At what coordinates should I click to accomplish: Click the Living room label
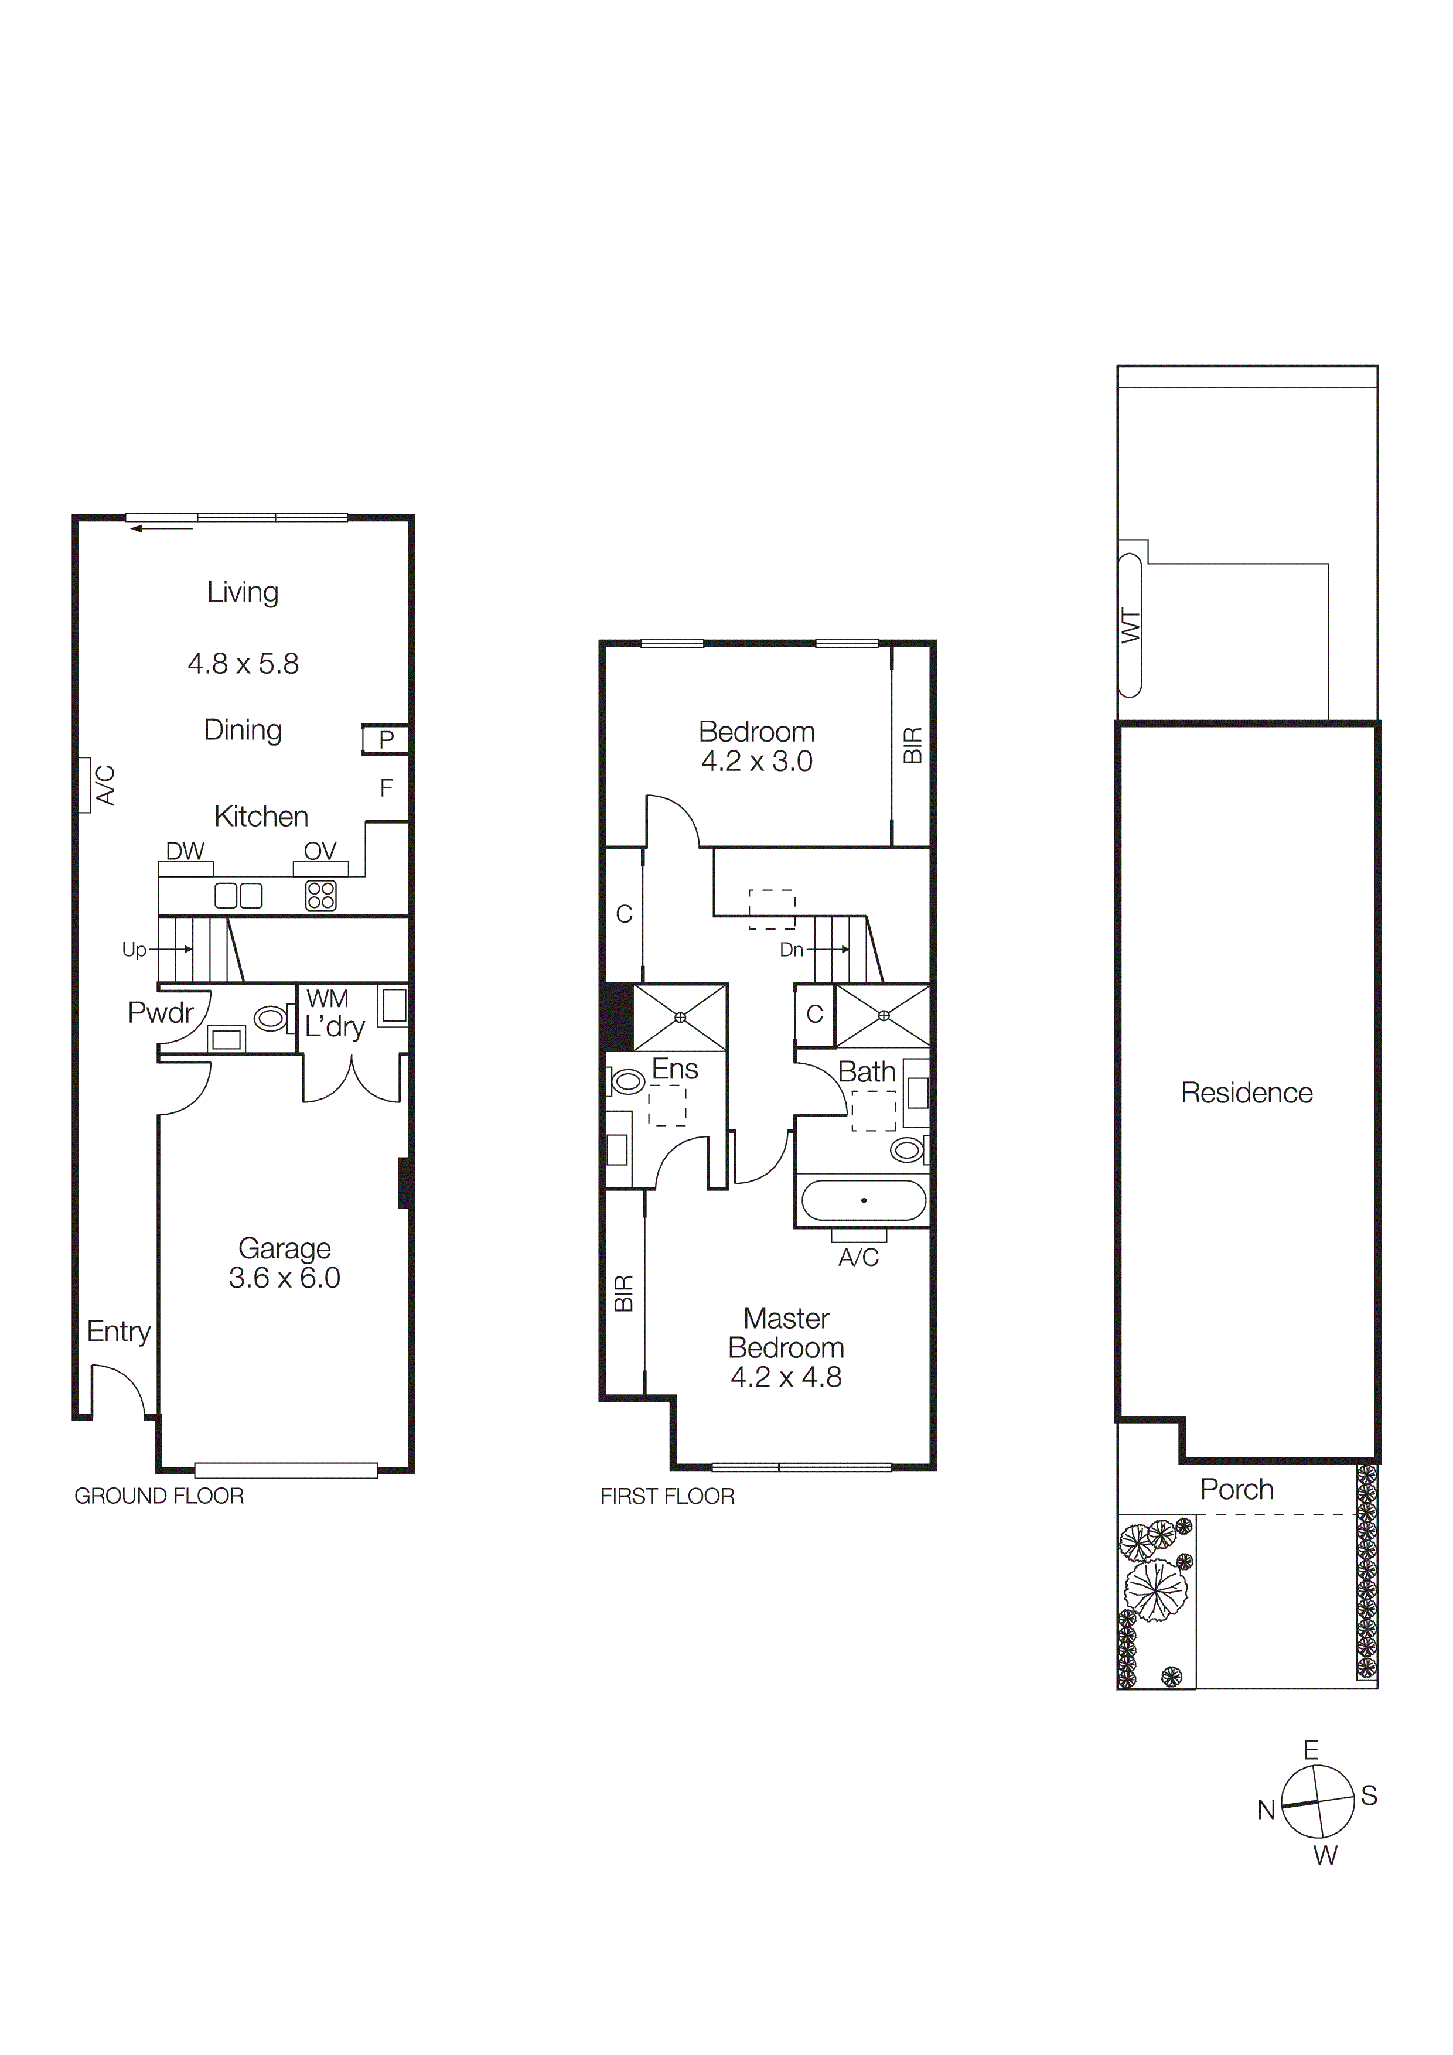pos(243,592)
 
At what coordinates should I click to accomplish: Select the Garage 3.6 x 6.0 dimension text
pos(285,1278)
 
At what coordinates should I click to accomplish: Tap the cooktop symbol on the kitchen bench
pos(320,895)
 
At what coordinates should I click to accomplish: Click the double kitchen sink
pos(238,895)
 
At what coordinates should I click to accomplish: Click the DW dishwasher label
pos(185,851)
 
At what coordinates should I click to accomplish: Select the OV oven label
pos(320,851)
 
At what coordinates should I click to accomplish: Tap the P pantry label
pos(387,740)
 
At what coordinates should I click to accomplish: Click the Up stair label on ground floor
pos(134,950)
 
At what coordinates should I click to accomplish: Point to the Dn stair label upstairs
pos(792,950)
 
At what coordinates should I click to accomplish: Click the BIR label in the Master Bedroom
pos(624,1293)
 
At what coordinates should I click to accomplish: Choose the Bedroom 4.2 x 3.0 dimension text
pos(756,762)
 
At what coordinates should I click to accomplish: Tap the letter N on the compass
pos(1266,1810)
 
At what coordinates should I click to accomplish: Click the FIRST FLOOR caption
pos(667,1497)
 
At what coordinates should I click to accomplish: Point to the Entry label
pos(119,1332)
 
